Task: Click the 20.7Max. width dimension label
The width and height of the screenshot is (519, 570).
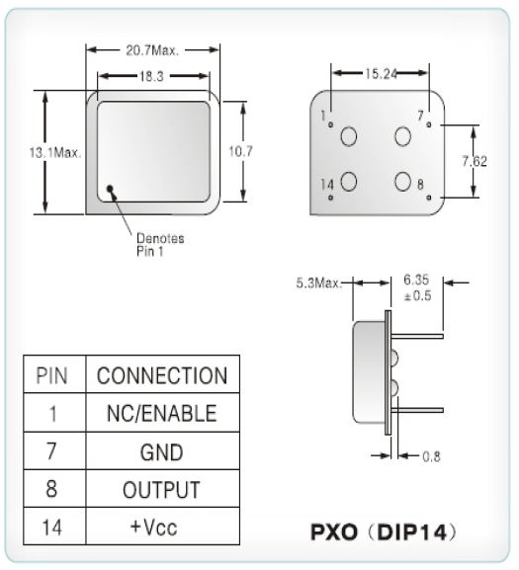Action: pos(153,50)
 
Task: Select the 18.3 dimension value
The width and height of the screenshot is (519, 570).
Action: pos(151,76)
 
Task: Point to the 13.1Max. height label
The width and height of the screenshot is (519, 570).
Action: pos(55,153)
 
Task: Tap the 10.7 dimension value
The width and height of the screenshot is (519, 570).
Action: pos(240,151)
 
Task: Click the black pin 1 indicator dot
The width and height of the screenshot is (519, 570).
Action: pos(110,189)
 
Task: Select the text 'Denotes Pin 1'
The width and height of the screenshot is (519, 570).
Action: pos(160,245)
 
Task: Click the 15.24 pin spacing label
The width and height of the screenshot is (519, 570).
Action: pos(382,74)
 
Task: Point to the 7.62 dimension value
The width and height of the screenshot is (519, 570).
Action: pos(475,161)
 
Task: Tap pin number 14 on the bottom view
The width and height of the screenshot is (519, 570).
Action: pos(327,185)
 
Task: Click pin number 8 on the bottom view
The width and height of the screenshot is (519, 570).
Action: pos(420,185)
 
